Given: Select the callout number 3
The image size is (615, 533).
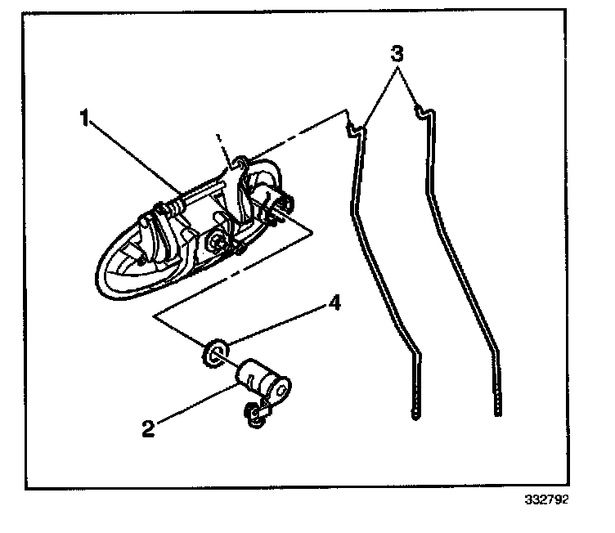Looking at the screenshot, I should (396, 56).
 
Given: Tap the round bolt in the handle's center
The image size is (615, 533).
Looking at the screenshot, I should (218, 242).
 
